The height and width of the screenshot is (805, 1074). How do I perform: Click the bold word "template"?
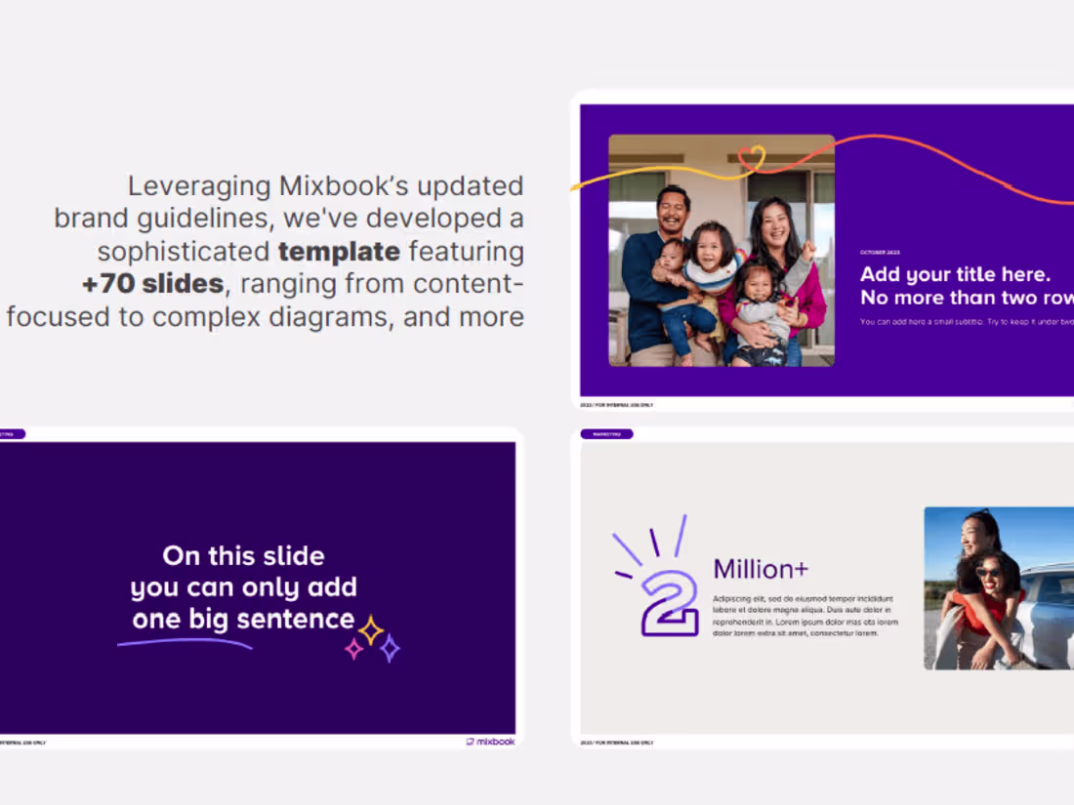tap(339, 252)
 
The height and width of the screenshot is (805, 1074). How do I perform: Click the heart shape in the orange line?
tap(751, 157)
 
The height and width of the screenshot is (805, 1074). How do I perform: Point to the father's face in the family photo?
tap(672, 210)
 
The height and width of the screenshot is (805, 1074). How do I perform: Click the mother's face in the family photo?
tap(772, 223)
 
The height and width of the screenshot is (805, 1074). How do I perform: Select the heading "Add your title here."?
tap(955, 274)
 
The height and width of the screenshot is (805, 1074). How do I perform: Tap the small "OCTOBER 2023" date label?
tap(880, 253)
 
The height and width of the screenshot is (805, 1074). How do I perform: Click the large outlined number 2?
tap(671, 603)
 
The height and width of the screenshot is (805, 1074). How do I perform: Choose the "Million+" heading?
tap(761, 569)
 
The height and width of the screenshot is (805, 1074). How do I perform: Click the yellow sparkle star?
tap(371, 630)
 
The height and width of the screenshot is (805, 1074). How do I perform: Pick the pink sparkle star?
tap(354, 649)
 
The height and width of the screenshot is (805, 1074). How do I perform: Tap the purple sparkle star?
tap(389, 648)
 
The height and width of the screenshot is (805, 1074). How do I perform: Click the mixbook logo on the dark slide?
tap(490, 742)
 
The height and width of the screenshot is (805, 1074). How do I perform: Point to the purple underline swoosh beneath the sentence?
tap(185, 642)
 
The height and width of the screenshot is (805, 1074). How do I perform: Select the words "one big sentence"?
tap(243, 619)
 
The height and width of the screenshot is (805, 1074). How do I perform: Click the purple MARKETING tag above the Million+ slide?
tap(606, 433)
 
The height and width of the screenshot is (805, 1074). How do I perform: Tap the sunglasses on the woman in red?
tap(988, 572)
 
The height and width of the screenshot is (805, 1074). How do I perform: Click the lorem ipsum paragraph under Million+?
tap(805, 615)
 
